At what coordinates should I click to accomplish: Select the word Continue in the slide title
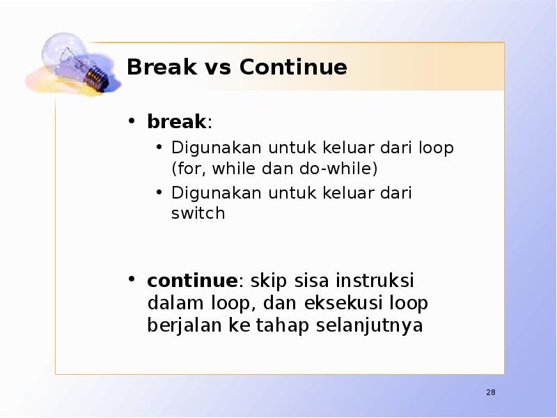coord(292,68)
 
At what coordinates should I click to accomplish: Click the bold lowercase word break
coord(176,122)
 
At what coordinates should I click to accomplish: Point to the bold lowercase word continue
coord(192,281)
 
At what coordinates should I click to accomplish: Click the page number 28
coord(491,393)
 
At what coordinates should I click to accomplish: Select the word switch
coord(198,213)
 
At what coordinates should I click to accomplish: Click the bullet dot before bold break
coord(131,121)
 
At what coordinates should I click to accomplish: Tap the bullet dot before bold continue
coord(131,280)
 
